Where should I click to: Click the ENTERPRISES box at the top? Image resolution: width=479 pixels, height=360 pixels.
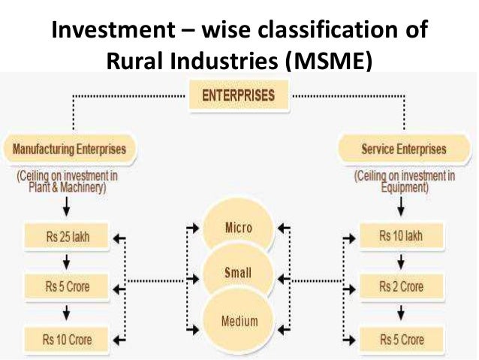click(x=239, y=95)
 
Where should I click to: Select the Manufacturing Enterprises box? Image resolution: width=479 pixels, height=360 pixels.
click(x=69, y=149)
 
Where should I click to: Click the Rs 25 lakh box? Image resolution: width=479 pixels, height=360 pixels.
click(x=68, y=237)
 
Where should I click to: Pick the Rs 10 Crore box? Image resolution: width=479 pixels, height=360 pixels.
click(x=68, y=339)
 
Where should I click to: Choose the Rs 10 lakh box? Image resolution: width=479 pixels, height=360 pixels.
click(x=401, y=237)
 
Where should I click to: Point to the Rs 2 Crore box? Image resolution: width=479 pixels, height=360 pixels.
click(x=401, y=287)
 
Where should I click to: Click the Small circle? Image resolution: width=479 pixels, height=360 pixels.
click(x=239, y=274)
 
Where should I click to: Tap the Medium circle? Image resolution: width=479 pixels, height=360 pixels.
click(x=239, y=322)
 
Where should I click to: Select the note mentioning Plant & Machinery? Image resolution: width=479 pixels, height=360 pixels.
click(x=68, y=181)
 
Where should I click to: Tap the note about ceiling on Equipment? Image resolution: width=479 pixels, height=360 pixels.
click(x=403, y=181)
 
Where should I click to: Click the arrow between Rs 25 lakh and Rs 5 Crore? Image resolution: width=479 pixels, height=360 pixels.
click(x=68, y=262)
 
